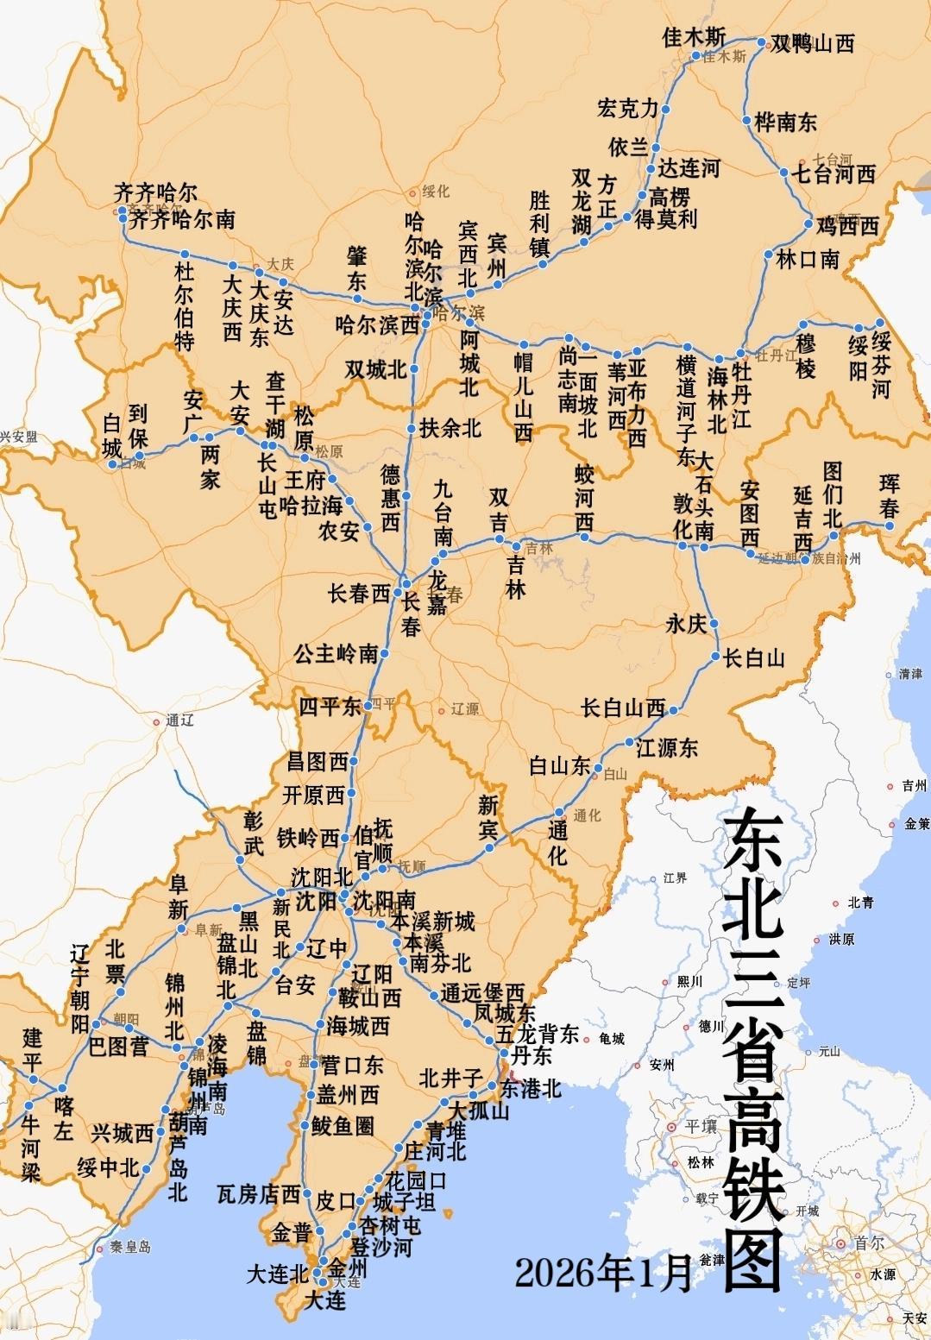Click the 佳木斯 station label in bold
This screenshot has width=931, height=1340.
click(694, 37)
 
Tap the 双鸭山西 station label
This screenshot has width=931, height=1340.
click(811, 43)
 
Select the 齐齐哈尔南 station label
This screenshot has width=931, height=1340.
click(181, 219)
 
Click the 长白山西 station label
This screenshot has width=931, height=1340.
click(623, 708)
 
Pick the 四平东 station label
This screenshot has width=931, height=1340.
click(330, 707)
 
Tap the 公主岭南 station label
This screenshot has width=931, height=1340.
click(336, 653)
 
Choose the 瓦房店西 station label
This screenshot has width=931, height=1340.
click(258, 1194)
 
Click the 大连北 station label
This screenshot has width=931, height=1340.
click(277, 1274)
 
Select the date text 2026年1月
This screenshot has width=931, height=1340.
click(604, 1273)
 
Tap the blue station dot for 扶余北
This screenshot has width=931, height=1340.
click(412, 428)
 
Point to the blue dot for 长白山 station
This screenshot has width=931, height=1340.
click(716, 657)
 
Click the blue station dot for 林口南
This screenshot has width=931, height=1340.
click(768, 255)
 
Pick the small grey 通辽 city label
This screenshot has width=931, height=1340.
click(179, 720)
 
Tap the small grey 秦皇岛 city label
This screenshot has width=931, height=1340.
click(129, 1247)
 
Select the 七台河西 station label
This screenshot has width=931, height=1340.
click(833, 174)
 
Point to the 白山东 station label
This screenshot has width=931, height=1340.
click(559, 765)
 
